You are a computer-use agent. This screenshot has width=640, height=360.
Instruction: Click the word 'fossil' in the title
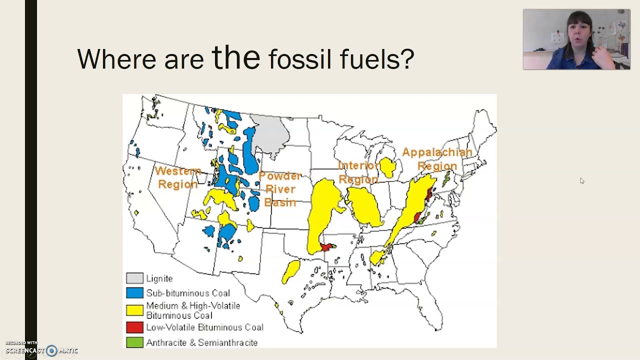(x=299, y=59)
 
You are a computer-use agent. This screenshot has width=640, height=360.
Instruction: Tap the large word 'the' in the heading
(x=236, y=56)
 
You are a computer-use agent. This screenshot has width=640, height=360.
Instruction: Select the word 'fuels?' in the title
(x=377, y=59)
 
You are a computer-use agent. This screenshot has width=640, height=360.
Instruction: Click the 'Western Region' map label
(x=178, y=177)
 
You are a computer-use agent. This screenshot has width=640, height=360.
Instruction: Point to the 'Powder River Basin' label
(x=280, y=189)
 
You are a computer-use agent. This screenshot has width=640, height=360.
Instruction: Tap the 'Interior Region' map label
(x=358, y=172)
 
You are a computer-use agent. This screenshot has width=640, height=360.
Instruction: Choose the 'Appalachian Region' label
(x=437, y=159)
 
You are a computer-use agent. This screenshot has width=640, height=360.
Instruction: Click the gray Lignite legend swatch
(x=135, y=278)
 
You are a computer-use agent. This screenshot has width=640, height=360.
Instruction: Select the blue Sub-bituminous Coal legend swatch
(x=135, y=293)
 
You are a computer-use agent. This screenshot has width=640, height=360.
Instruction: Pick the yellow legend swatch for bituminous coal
(x=135, y=310)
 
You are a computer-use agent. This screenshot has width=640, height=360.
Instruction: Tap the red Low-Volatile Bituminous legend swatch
(x=135, y=327)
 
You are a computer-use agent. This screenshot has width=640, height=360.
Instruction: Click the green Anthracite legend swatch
(x=135, y=342)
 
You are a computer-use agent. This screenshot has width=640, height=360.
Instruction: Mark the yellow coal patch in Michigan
(x=387, y=167)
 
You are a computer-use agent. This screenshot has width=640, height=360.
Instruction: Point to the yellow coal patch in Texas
(x=291, y=271)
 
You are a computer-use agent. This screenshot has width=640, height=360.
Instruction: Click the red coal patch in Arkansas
(x=327, y=246)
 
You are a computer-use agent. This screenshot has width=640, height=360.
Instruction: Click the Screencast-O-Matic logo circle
(x=51, y=350)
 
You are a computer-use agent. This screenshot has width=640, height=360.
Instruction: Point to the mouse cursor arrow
(x=582, y=181)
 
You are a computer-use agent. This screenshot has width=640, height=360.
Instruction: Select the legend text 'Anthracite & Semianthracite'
(x=201, y=342)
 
